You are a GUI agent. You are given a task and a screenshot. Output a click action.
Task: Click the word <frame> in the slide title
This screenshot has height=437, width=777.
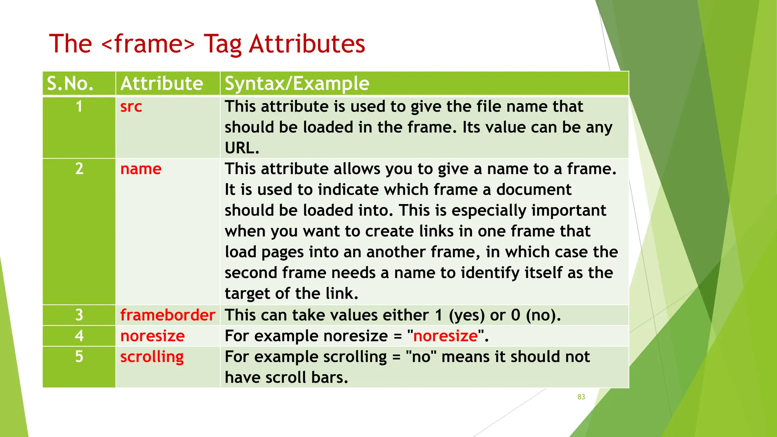(x=148, y=44)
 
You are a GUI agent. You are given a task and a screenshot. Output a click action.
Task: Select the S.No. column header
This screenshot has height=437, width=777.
(x=70, y=83)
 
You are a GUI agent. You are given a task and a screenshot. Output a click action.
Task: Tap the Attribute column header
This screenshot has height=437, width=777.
(x=162, y=83)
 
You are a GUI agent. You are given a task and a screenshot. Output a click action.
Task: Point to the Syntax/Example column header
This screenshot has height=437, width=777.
(x=297, y=83)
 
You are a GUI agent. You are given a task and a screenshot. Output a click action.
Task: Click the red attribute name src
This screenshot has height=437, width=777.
(x=131, y=107)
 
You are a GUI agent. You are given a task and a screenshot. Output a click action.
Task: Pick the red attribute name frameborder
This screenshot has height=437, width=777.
(x=168, y=315)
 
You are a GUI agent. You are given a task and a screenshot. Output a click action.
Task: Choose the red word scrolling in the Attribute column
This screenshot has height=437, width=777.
(x=152, y=357)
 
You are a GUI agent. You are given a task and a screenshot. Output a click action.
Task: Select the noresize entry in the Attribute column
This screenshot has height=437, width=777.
(x=152, y=336)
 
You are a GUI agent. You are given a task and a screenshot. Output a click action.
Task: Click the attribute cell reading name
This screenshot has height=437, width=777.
(x=141, y=169)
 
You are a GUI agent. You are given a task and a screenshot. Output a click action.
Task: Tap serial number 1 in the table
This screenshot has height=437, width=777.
(x=79, y=107)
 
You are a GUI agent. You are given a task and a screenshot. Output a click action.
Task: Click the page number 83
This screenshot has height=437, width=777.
(x=581, y=397)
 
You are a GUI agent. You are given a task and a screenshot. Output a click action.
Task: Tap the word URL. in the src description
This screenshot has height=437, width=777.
(x=242, y=148)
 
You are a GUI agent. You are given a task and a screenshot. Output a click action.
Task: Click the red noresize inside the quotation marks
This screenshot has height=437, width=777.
(x=445, y=336)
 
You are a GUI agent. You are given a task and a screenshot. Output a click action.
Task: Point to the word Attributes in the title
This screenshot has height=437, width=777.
(x=307, y=44)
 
